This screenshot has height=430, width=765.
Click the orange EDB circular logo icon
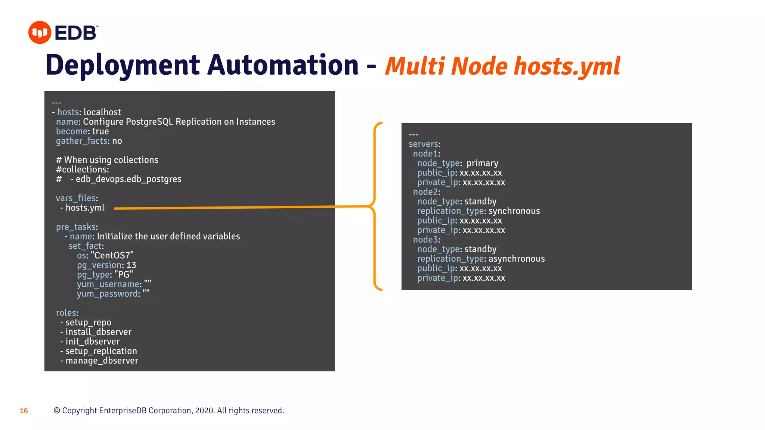[x=40, y=32]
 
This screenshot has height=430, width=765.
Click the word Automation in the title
[x=283, y=65]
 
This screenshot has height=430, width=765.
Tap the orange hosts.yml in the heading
[x=567, y=66]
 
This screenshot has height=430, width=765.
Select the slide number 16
[x=24, y=411]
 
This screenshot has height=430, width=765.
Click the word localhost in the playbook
[x=102, y=112]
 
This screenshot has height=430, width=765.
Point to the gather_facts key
[x=82, y=141]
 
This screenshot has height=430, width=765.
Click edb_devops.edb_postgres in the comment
[x=128, y=179]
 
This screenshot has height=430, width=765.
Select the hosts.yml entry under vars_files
[x=85, y=208]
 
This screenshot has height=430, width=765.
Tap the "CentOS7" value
[x=112, y=255]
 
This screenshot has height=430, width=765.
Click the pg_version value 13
[x=131, y=265]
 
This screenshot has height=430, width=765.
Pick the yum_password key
[x=108, y=294]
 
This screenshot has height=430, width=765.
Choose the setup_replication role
[x=101, y=351]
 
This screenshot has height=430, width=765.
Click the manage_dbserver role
[x=102, y=361]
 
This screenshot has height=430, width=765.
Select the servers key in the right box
[x=424, y=144]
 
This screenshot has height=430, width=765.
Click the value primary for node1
[x=482, y=163]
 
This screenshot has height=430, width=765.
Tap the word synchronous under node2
[x=514, y=211]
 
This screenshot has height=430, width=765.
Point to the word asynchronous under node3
[x=516, y=259]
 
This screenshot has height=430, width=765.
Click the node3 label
[x=425, y=240]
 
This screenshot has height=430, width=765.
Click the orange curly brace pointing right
[x=375, y=206]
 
